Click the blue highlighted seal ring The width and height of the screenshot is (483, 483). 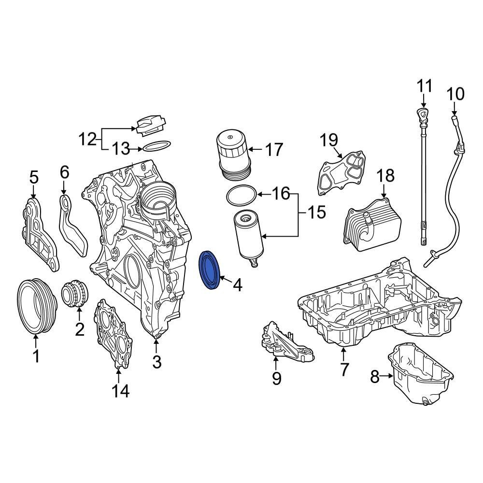click(210, 270)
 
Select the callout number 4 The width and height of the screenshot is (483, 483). click(237, 285)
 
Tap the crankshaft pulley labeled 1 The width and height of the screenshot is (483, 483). click(36, 306)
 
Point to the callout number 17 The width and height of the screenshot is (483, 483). click(274, 150)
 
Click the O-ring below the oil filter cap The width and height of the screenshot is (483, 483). click(241, 195)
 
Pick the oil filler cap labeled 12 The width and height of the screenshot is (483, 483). click(150, 125)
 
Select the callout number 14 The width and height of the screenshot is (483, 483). click(121, 390)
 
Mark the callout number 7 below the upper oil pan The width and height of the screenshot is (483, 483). click(344, 369)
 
